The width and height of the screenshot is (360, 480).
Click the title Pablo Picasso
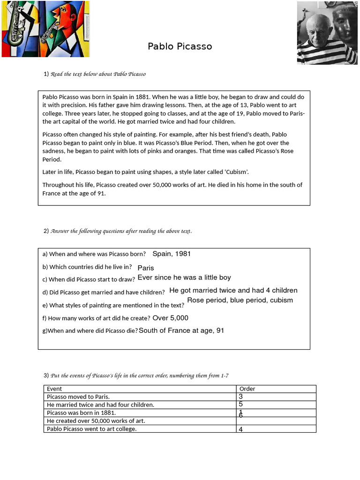[x=180, y=46]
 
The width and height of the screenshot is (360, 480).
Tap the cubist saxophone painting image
[x=45, y=29]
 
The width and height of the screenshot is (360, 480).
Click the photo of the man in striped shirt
[x=327, y=33]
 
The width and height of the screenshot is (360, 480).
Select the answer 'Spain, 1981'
[x=172, y=254]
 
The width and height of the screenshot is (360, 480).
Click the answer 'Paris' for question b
[x=146, y=268]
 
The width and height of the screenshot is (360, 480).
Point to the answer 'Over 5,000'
[x=170, y=318]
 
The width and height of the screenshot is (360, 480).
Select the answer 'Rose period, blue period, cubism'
[x=240, y=300]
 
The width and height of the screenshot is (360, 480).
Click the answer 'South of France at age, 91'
[x=181, y=330]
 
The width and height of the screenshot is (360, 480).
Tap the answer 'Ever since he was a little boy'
[x=184, y=277]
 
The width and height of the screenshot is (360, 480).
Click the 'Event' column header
[x=54, y=389]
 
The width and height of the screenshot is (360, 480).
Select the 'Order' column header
[x=247, y=389]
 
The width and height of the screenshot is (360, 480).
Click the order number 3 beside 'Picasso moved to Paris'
[x=240, y=397]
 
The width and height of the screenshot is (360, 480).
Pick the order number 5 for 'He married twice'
[x=240, y=404]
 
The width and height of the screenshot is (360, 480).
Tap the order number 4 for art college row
[x=240, y=429]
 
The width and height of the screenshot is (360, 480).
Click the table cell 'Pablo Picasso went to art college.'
[x=92, y=429]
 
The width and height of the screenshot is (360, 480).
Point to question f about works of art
[x=97, y=318]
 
